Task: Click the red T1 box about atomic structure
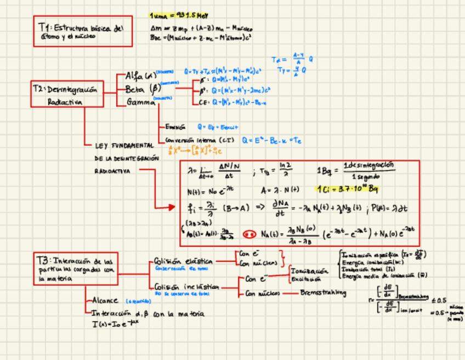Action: [82, 31]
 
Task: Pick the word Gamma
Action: [141, 102]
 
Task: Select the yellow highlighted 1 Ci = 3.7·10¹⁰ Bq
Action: [349, 189]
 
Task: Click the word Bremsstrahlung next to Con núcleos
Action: [324, 293]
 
